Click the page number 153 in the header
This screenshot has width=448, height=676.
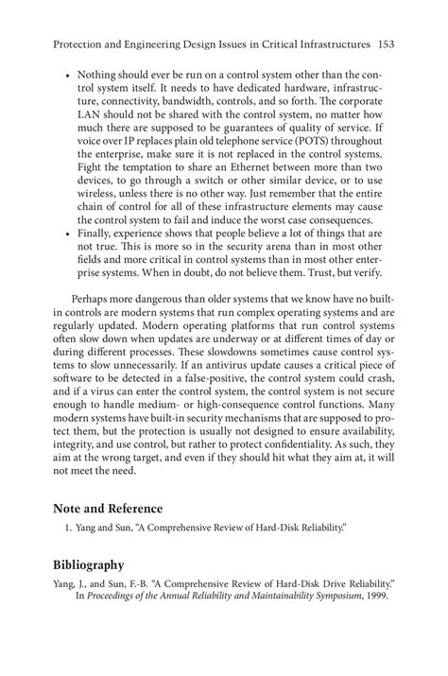point(386,43)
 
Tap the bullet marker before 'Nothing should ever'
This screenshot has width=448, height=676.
point(68,74)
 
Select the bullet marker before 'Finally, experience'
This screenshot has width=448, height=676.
point(68,230)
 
